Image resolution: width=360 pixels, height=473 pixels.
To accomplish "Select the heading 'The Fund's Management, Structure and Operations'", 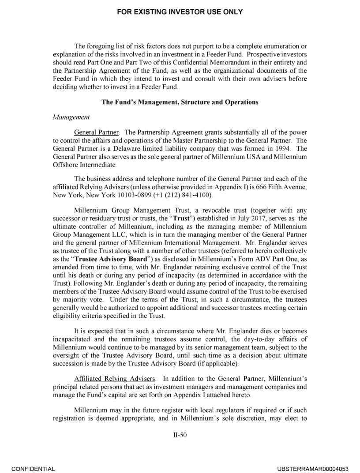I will pos(180,102).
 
